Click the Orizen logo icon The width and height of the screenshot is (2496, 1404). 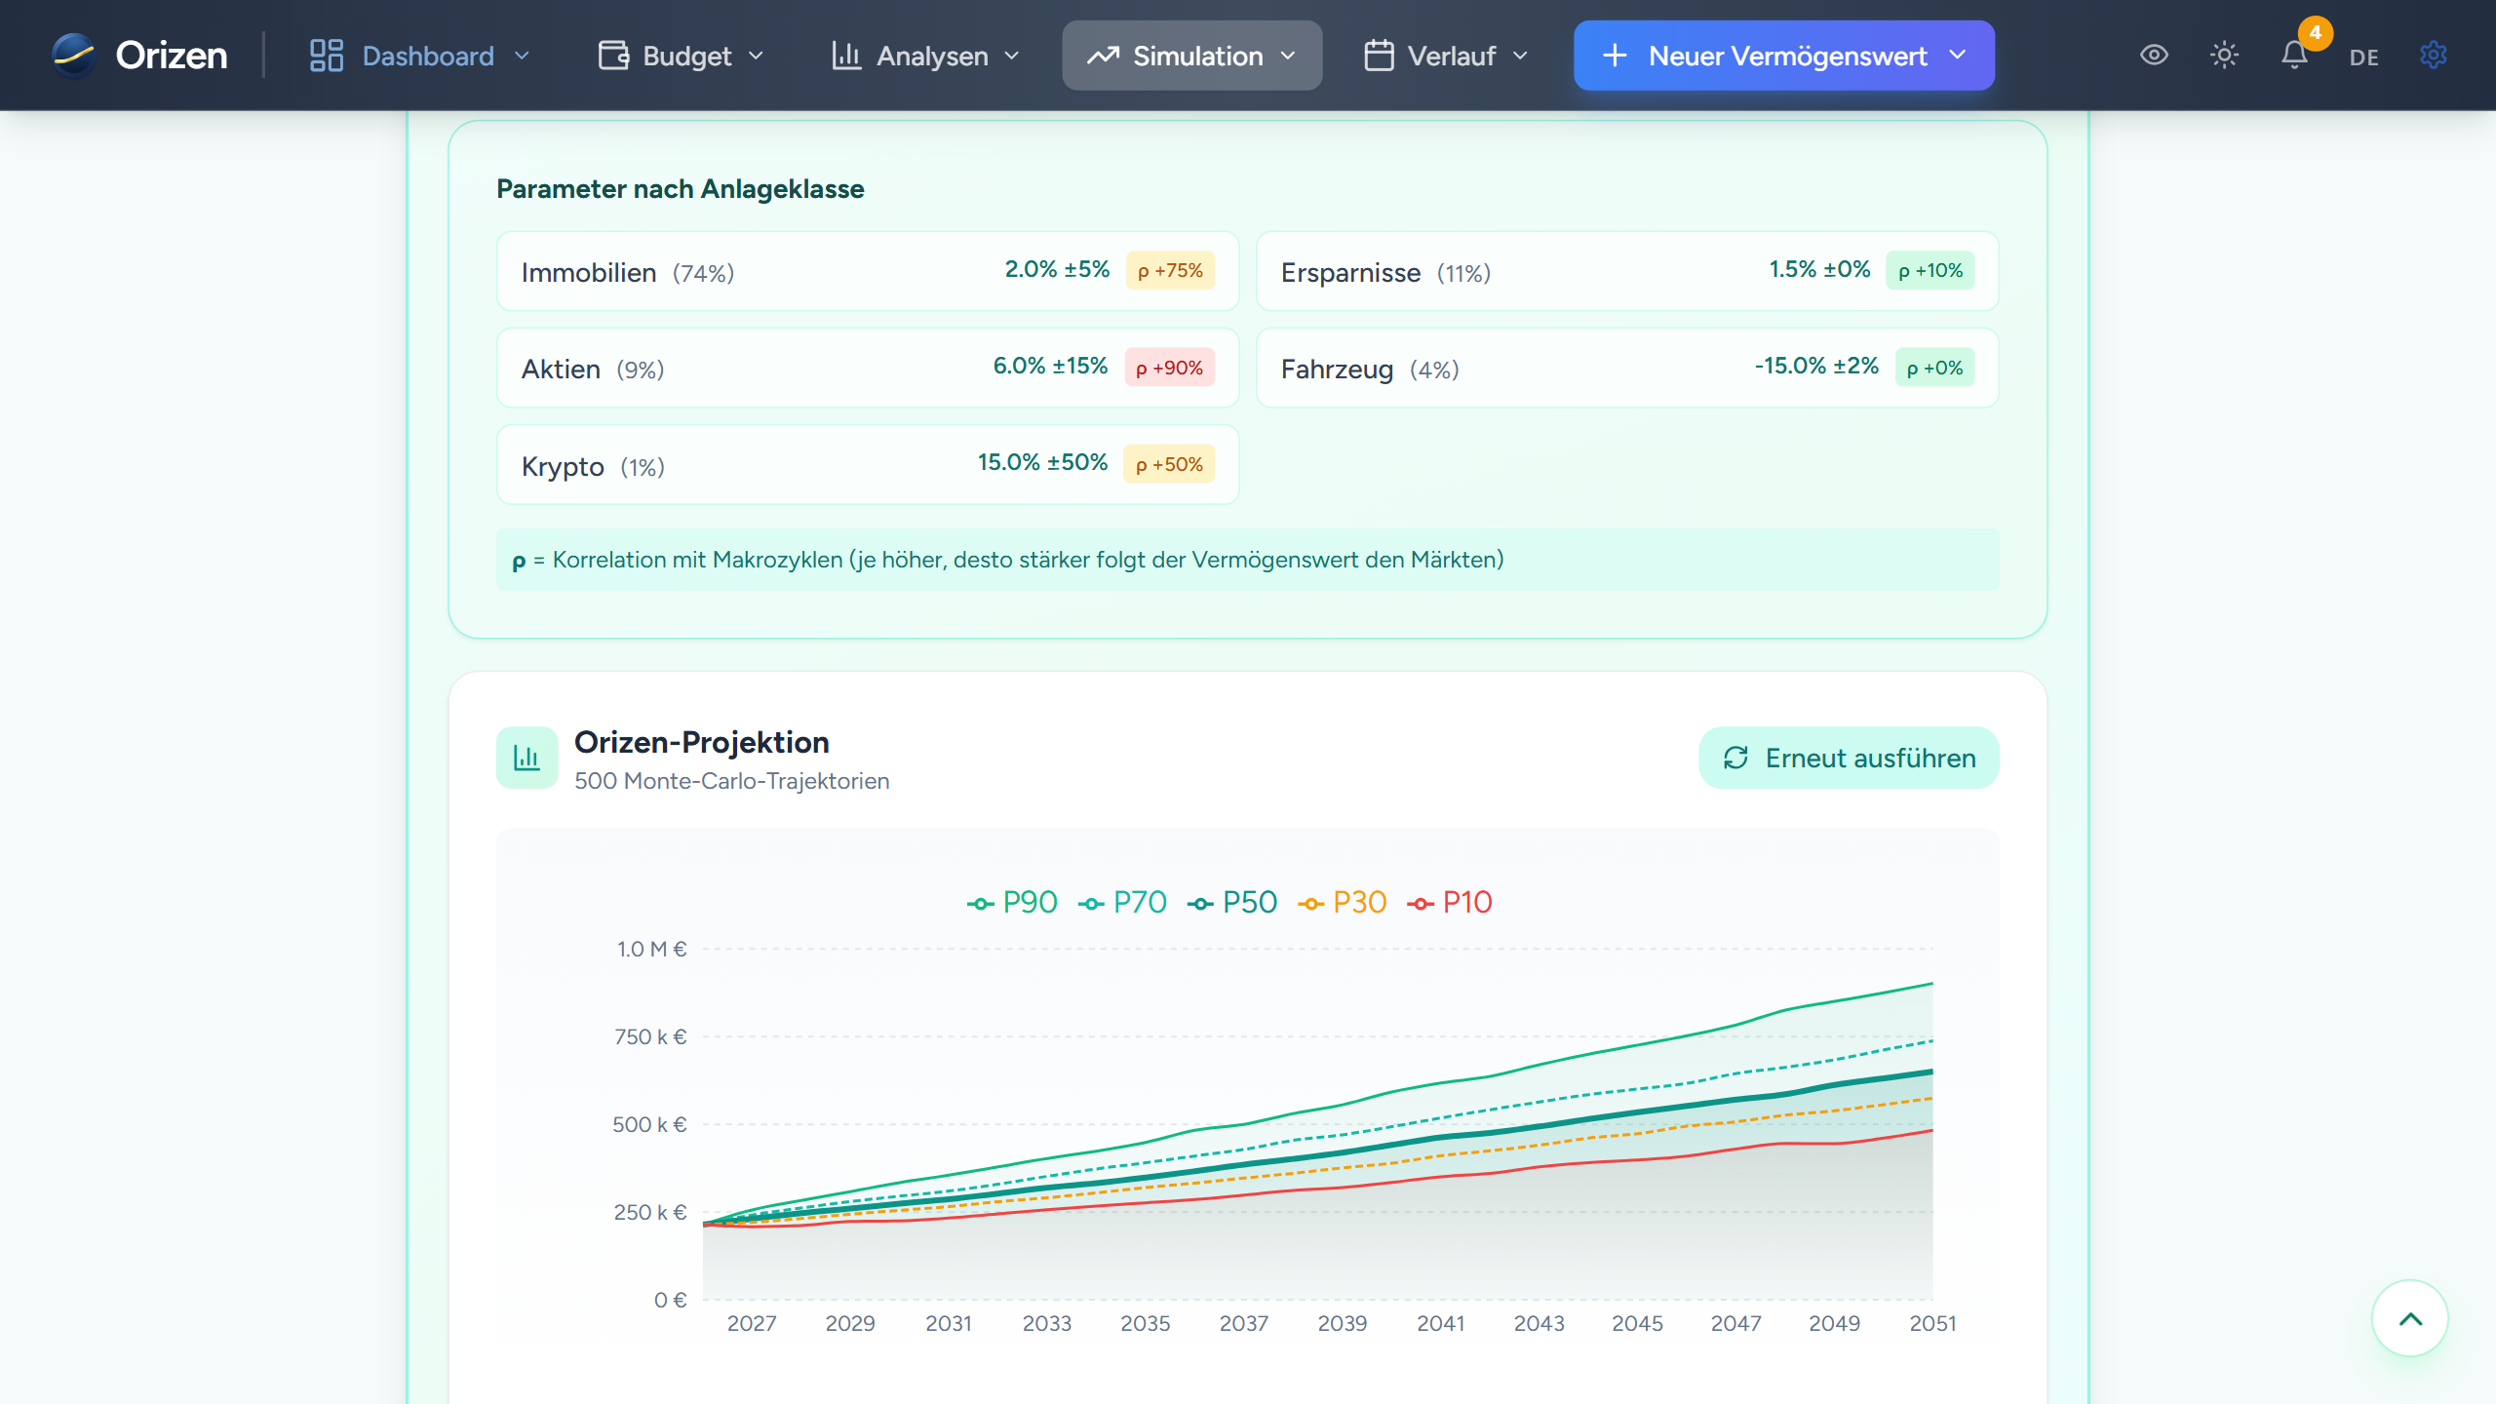click(74, 56)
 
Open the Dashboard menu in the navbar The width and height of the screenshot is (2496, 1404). click(419, 56)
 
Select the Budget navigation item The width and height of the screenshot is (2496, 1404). click(681, 56)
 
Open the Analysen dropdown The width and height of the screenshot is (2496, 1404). click(925, 56)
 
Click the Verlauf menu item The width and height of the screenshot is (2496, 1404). click(1446, 56)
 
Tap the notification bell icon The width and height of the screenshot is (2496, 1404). click(2294, 56)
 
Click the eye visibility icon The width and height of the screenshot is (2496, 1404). click(2154, 56)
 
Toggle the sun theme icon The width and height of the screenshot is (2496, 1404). click(2224, 56)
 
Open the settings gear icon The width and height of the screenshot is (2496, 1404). click(2434, 56)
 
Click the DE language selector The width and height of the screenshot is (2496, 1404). click(2363, 58)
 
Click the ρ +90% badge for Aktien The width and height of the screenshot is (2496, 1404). click(1169, 368)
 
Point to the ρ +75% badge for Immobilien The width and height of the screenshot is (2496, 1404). click(1170, 271)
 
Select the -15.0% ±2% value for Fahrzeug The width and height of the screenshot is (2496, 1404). click(1816, 367)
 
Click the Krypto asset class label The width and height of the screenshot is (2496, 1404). click(563, 466)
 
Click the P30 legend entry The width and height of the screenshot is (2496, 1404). click(1343, 903)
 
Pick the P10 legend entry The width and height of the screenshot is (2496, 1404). click(1451, 903)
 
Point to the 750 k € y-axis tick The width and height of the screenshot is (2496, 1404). click(650, 1037)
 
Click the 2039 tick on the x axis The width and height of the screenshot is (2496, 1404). click(1342, 1324)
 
